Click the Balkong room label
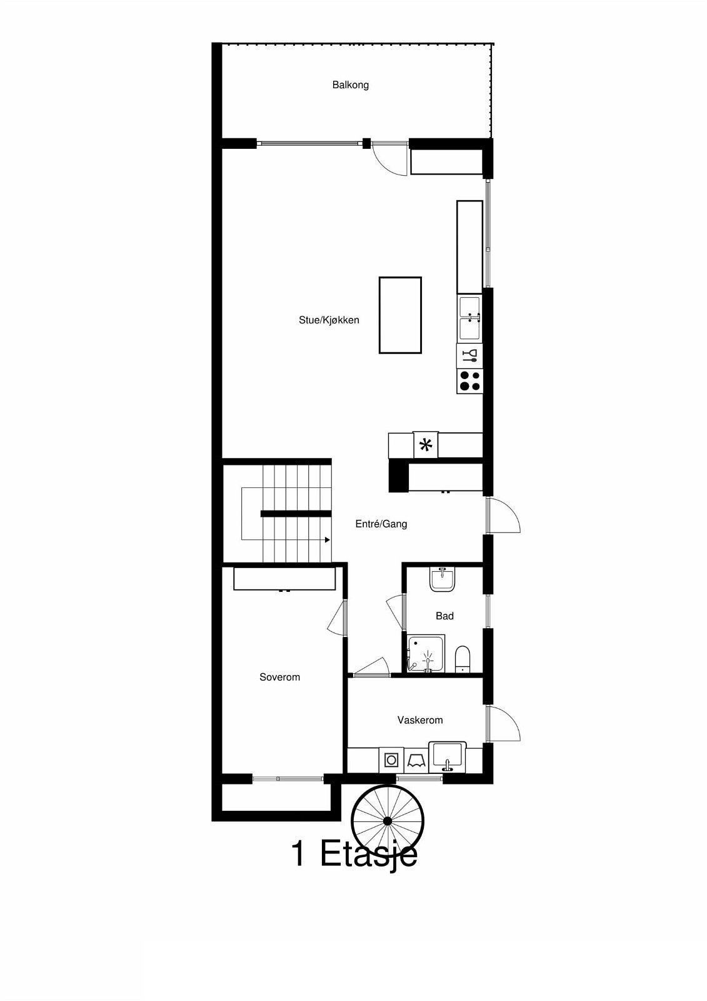(x=350, y=85)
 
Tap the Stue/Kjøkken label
(x=329, y=320)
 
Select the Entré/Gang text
(x=381, y=524)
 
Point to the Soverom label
(x=279, y=677)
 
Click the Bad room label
(x=444, y=616)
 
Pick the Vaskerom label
(x=420, y=720)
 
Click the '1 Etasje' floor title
(x=354, y=854)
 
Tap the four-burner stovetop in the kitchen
(x=470, y=381)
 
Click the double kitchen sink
(x=470, y=318)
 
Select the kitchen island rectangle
(x=400, y=315)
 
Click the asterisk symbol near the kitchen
(x=426, y=445)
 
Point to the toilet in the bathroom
(x=463, y=659)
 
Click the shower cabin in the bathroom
(x=426, y=654)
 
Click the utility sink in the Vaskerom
(x=448, y=755)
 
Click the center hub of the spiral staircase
(x=388, y=821)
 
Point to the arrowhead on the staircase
(x=327, y=539)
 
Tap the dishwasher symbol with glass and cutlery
(x=470, y=356)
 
